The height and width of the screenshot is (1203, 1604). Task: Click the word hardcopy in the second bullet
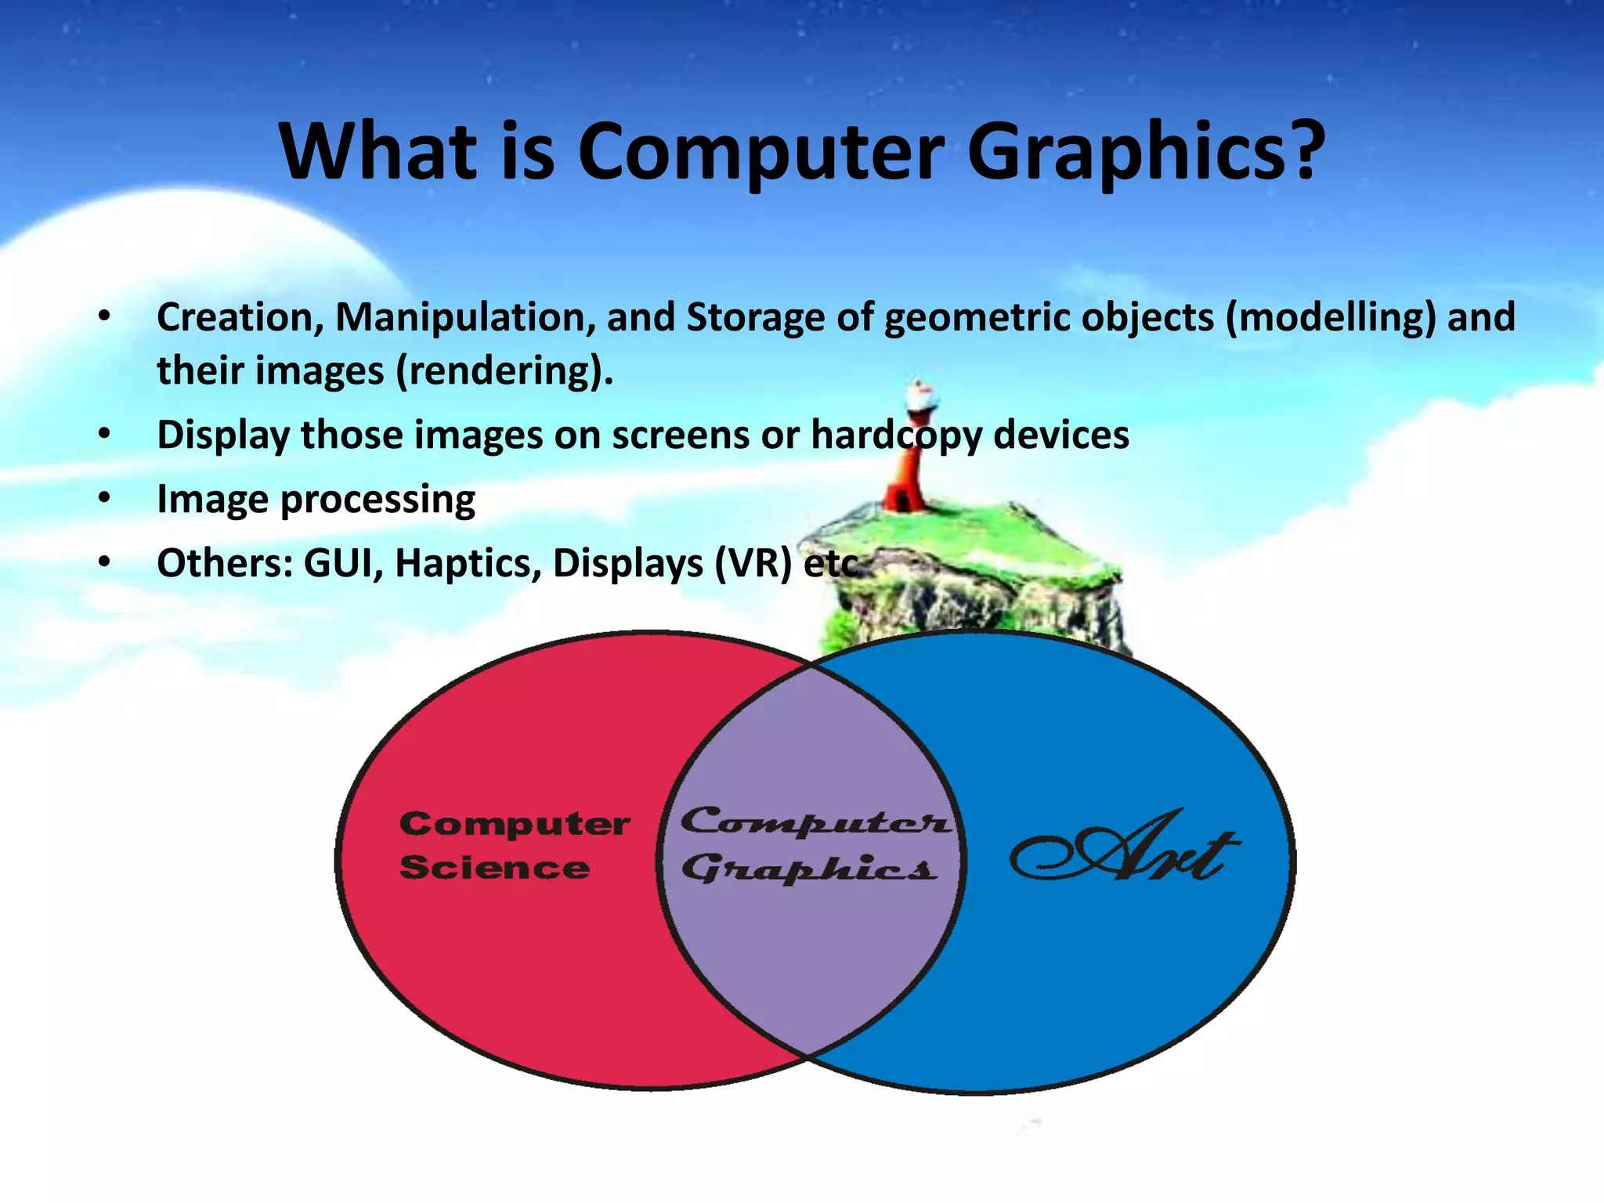(896, 435)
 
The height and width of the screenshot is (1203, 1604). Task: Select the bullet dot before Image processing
(105, 498)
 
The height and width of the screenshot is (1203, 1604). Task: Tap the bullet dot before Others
(105, 562)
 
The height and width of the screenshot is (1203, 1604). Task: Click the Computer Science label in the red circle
(514, 846)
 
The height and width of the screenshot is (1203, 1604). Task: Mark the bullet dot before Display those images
(105, 434)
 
